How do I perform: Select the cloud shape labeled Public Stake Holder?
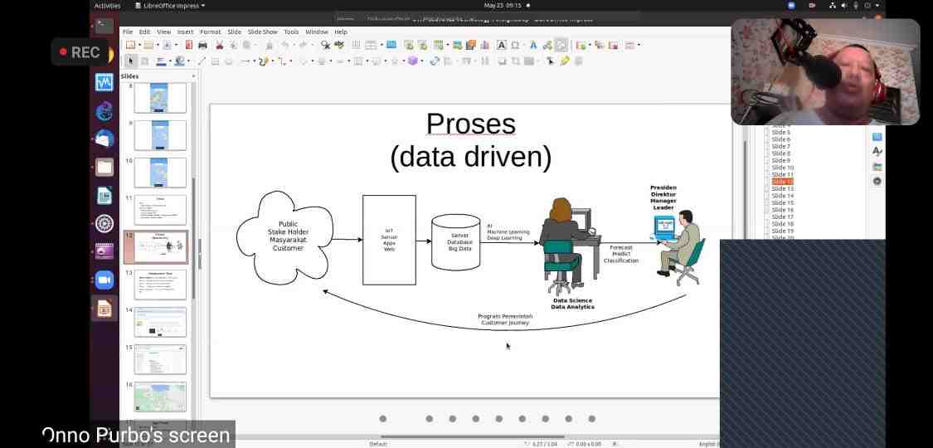point(284,237)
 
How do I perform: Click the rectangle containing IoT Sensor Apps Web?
point(389,240)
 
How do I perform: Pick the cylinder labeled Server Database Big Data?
point(456,241)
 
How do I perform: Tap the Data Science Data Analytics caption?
point(572,304)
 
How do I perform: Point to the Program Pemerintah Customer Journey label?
point(505,319)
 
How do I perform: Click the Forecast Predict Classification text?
point(620,254)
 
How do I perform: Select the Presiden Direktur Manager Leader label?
point(663,197)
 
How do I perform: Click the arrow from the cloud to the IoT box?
point(347,240)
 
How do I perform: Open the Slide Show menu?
point(263,32)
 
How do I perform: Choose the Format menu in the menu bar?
point(211,32)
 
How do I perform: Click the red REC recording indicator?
point(80,52)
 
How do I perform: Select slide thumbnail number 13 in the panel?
point(159,284)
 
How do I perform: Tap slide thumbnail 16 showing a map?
point(159,397)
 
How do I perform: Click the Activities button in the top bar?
point(107,6)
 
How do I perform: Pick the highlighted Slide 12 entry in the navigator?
point(782,182)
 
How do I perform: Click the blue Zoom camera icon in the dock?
point(104,280)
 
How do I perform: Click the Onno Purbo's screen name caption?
point(136,435)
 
